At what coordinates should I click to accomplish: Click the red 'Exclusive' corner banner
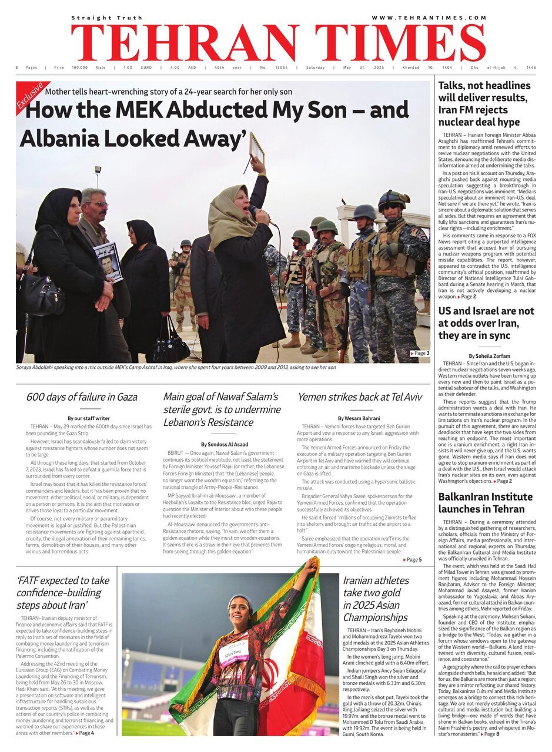click(29, 96)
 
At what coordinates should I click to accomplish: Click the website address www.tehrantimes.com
click(429, 18)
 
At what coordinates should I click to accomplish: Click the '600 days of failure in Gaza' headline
click(82, 397)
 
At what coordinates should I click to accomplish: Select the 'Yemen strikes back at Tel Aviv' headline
click(360, 397)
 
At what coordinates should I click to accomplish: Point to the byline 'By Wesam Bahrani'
click(360, 418)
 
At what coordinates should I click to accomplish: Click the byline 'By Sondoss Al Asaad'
click(224, 444)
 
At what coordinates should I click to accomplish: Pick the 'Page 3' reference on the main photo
click(420, 353)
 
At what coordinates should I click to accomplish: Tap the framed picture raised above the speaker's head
click(257, 149)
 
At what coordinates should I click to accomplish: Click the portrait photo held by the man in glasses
click(108, 260)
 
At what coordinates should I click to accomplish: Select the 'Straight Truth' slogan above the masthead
click(107, 18)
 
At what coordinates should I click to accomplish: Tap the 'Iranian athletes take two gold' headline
click(376, 599)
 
